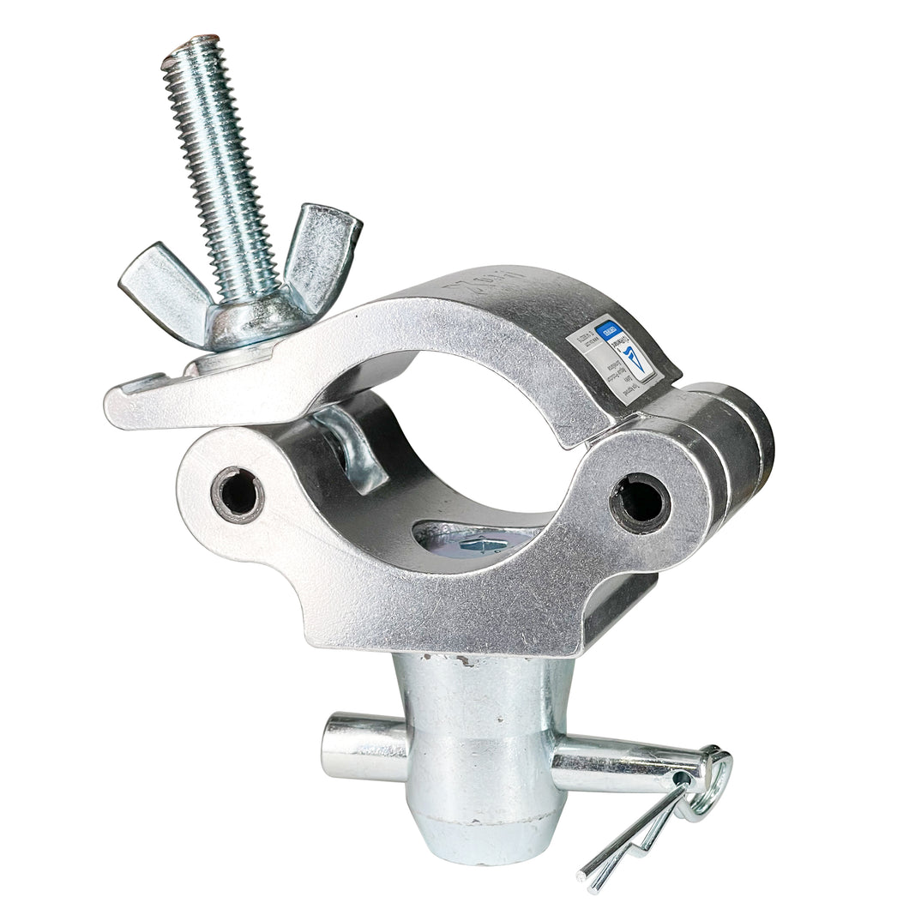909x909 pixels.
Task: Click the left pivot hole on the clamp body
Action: pos(238,494)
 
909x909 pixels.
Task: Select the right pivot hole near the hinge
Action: pos(640,501)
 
